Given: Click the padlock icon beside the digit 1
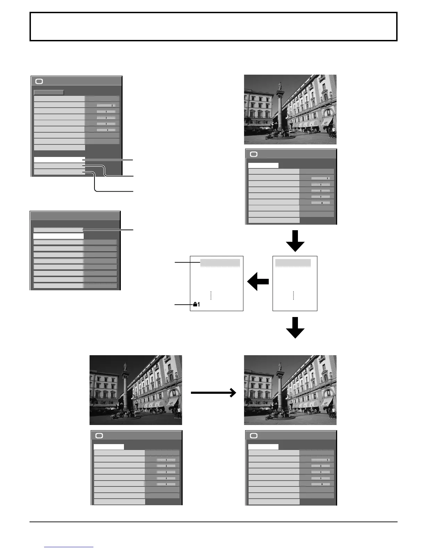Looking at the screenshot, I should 195,305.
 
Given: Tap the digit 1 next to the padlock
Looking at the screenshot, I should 199,305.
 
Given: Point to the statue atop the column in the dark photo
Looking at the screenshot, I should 125,367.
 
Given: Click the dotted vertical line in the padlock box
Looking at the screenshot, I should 211,295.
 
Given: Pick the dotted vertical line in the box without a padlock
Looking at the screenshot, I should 293,295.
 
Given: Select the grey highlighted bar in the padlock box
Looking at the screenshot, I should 220,262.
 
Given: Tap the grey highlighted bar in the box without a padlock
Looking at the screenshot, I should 293,262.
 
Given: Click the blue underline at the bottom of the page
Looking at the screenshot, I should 69,547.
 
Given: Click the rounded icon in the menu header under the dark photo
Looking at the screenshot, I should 99,436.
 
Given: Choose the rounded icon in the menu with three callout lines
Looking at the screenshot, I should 39,82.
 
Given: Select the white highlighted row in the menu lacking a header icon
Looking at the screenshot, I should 58,236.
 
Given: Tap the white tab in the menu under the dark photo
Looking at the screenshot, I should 109,447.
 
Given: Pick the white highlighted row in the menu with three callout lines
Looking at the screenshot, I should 59,159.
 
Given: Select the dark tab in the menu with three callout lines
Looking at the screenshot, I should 49,92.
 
